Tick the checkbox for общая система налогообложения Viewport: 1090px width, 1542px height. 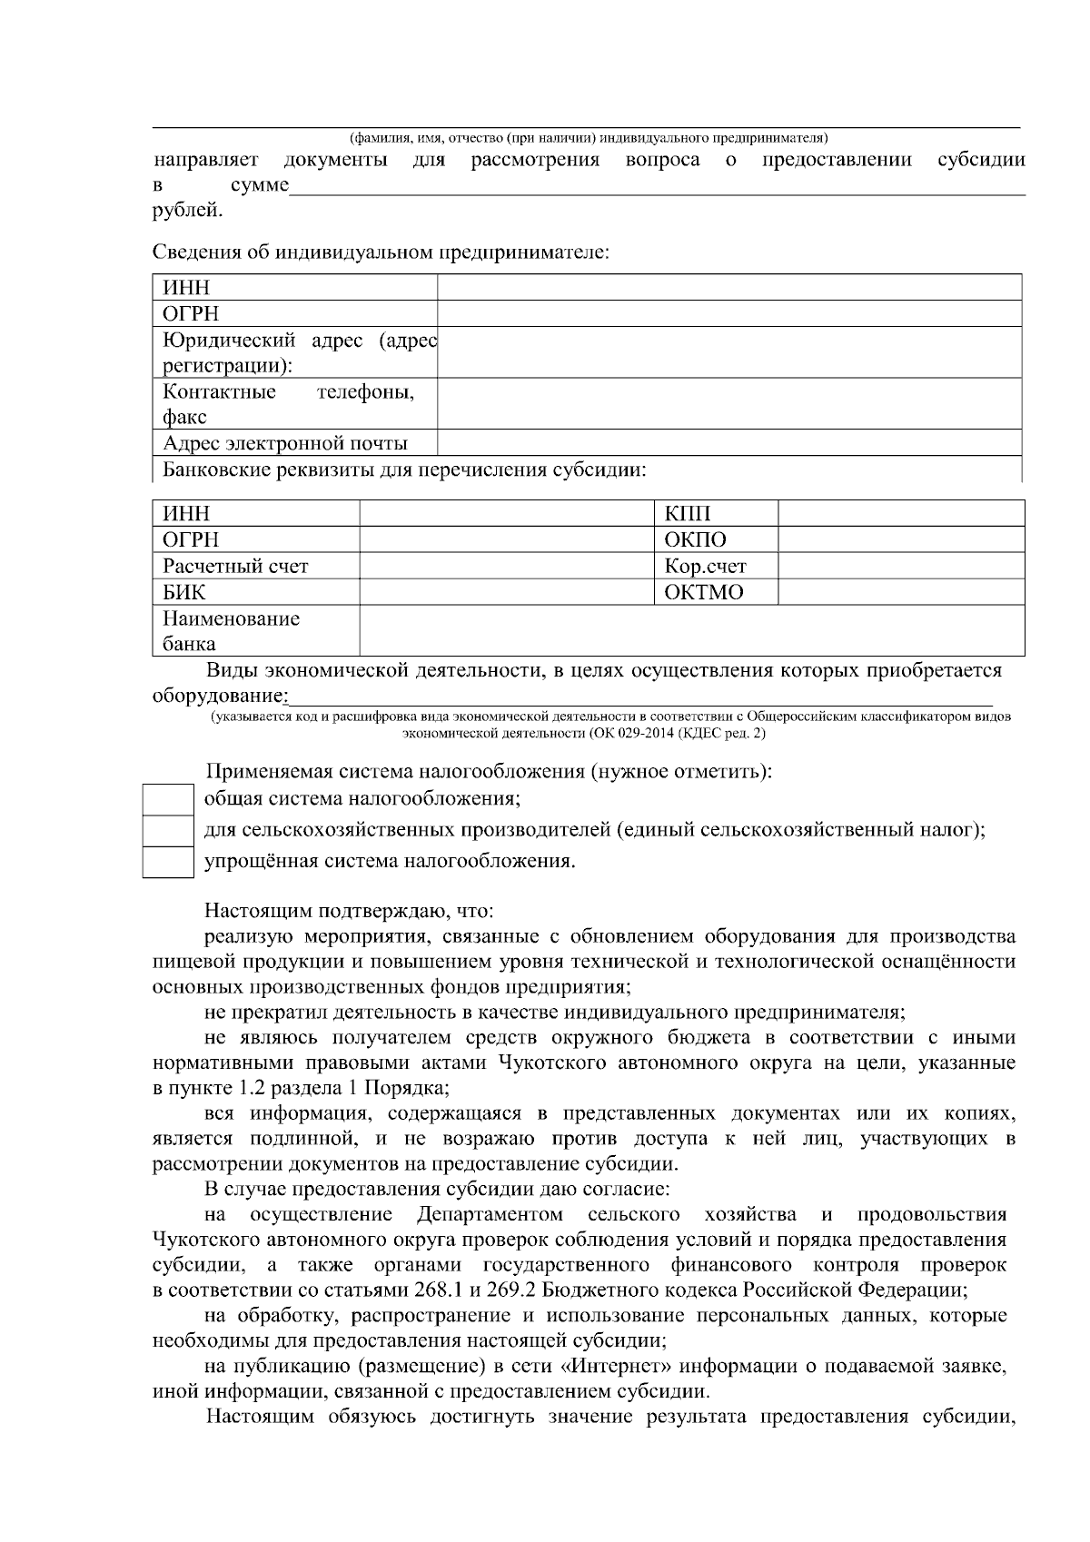pyautogui.click(x=168, y=800)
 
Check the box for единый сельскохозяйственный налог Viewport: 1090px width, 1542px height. pyautogui.click(x=168, y=830)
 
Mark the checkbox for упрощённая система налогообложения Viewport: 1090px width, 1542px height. pyautogui.click(x=168, y=861)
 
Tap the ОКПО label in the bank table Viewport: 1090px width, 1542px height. pyautogui.click(x=695, y=539)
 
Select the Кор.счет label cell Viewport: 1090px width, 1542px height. pyautogui.click(x=705, y=566)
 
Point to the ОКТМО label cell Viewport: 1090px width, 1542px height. pyautogui.click(x=704, y=592)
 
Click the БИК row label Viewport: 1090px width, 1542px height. pyautogui.click(x=184, y=592)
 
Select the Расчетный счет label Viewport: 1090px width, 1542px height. pyautogui.click(x=235, y=566)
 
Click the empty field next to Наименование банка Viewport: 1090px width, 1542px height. pyautogui.click(x=691, y=631)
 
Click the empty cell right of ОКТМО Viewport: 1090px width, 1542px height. pyautogui.click(x=901, y=592)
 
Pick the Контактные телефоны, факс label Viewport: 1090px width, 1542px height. pyautogui.click(x=288, y=404)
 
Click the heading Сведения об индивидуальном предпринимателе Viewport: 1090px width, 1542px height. pyautogui.click(x=380, y=252)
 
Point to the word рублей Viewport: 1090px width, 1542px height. pyautogui.click(x=185, y=212)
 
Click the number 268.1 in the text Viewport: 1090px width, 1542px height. pyautogui.click(x=441, y=1290)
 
